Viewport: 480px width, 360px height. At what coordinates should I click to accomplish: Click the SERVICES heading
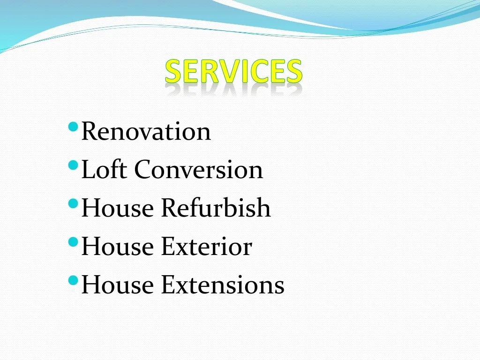(x=233, y=72)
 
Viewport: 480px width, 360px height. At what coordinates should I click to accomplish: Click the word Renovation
(x=146, y=131)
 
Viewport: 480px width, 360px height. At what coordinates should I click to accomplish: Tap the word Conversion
(x=198, y=170)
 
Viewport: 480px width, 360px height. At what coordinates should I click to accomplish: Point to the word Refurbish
(x=216, y=208)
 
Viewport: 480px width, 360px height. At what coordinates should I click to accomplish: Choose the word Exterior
(x=206, y=247)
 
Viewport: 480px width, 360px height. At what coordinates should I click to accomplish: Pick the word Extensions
(x=223, y=285)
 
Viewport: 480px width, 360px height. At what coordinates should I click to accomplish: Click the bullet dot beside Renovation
(x=73, y=127)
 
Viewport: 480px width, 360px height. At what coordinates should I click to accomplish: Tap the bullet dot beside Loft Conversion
(x=73, y=165)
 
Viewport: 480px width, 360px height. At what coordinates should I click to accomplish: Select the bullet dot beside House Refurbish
(x=73, y=203)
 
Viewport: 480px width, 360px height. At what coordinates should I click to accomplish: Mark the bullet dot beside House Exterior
(x=73, y=242)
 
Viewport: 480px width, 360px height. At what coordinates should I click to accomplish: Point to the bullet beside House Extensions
(x=73, y=280)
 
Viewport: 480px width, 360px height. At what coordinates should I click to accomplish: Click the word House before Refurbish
(x=118, y=208)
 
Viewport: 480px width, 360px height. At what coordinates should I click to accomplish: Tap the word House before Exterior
(x=118, y=247)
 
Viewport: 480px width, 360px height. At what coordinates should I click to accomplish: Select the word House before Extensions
(x=118, y=285)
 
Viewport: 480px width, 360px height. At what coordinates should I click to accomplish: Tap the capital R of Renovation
(x=90, y=131)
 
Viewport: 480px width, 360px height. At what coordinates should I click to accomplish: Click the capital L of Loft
(x=87, y=169)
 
